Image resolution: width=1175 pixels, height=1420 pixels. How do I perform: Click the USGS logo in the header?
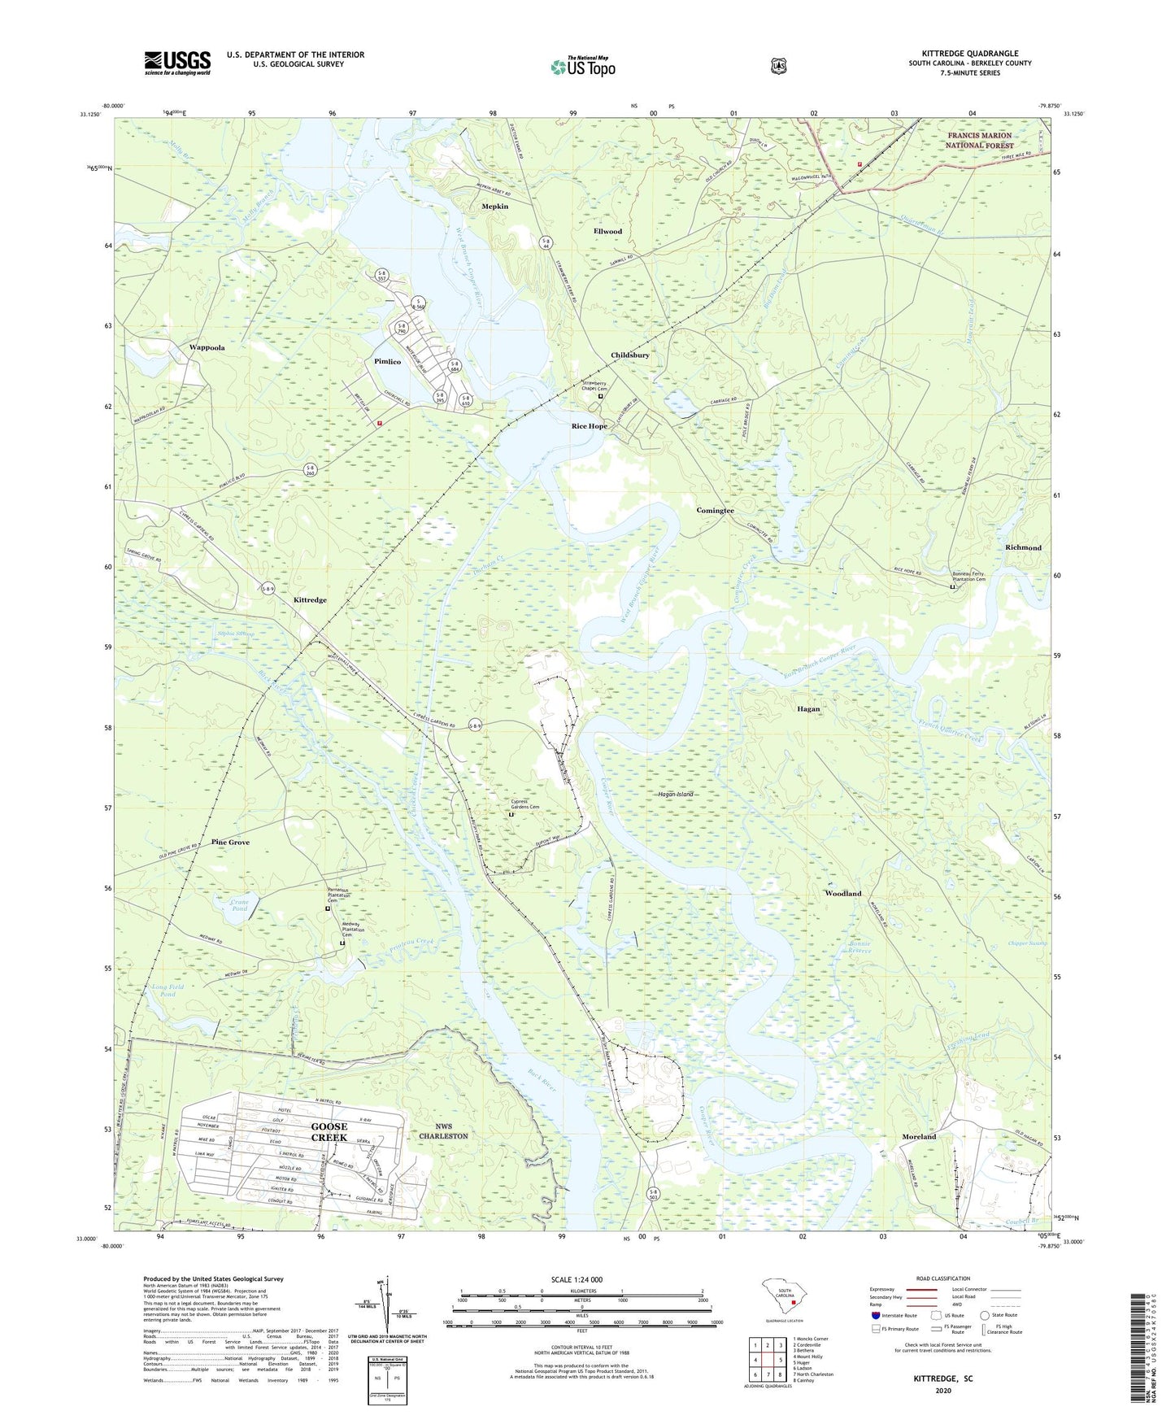coord(177,63)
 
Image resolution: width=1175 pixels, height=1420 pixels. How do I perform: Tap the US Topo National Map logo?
coord(582,67)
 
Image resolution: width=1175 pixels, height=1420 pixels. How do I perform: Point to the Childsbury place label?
coord(629,355)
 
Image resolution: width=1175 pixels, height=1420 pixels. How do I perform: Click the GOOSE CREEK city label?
coord(329,1131)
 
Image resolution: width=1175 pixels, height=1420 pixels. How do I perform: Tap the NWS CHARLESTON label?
coord(443,1130)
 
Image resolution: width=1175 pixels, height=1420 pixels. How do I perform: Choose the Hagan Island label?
coord(675,794)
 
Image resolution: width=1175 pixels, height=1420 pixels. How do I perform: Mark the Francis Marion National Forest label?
coord(979,140)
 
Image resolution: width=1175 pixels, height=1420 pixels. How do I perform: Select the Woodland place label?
coord(842,893)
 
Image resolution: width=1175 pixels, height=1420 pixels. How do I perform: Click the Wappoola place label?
coord(207,347)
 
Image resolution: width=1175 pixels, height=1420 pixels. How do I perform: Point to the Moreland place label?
coord(919,1136)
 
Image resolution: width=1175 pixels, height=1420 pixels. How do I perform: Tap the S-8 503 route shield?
coord(653,1195)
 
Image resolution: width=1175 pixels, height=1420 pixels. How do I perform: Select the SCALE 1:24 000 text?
coord(577,1279)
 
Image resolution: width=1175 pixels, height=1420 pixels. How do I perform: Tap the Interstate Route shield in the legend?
coord(875,1315)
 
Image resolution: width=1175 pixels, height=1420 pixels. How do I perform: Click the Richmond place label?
coord(1023,547)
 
